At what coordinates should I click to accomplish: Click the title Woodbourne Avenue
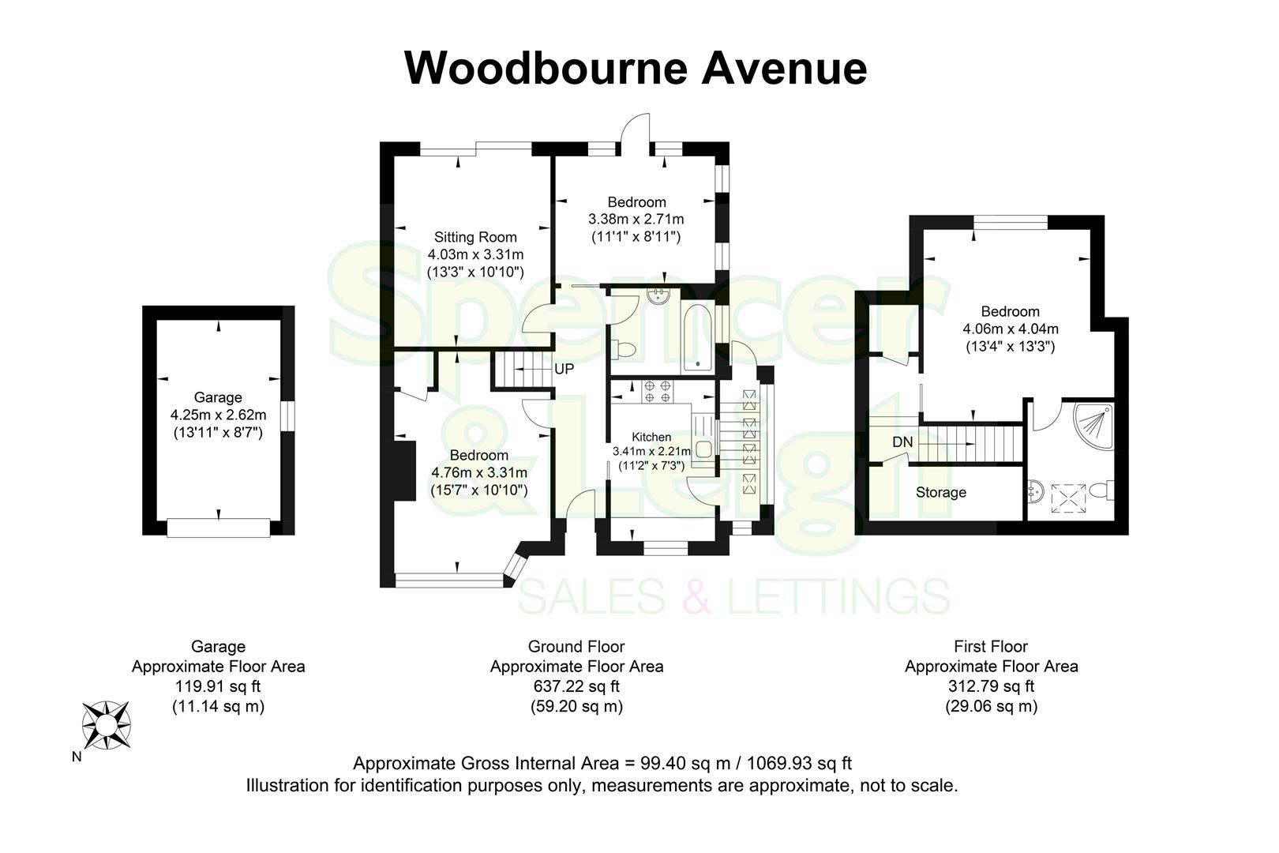pyautogui.click(x=636, y=68)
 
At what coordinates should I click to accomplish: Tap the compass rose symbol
pyautogui.click(x=107, y=724)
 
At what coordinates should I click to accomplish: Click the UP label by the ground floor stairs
pyautogui.click(x=564, y=369)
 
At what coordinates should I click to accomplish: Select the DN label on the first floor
pyautogui.click(x=902, y=442)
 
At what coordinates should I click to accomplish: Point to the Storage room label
pyautogui.click(x=940, y=493)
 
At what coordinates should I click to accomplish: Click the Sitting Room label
pyautogui.click(x=475, y=237)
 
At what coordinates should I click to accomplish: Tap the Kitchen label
pyautogui.click(x=651, y=437)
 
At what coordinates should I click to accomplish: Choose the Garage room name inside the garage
pyautogui.click(x=218, y=397)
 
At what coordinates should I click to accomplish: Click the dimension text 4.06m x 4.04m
pyautogui.click(x=1011, y=329)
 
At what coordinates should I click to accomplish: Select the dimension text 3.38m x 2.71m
pyautogui.click(x=636, y=219)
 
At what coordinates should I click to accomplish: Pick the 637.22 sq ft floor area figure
pyautogui.click(x=576, y=686)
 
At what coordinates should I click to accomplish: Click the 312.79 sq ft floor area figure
pyautogui.click(x=991, y=686)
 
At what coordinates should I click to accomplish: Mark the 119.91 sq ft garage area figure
pyautogui.click(x=218, y=686)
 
